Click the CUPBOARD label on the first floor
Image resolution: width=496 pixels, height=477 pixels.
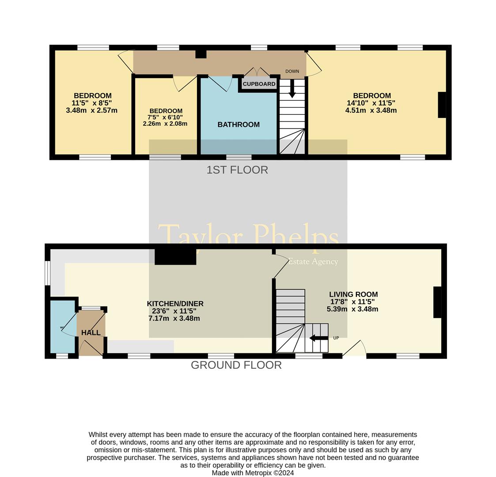coord(259,84)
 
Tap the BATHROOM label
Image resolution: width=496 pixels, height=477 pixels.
coord(239,125)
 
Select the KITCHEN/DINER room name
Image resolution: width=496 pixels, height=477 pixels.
coord(175,304)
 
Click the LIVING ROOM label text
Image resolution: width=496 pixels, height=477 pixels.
coord(353,295)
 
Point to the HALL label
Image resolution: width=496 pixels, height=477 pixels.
coord(91,333)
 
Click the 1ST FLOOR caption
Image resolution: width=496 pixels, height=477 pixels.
coord(237,170)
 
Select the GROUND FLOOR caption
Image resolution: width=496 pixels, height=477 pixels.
coord(236,365)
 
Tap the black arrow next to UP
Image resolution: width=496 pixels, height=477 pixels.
coord(318,338)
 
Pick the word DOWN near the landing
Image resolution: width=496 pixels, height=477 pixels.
coord(292,71)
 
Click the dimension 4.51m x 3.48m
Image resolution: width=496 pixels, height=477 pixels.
coord(371,110)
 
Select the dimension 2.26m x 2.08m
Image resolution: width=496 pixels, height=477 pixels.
coord(165,124)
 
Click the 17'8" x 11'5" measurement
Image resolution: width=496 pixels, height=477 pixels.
coord(352,302)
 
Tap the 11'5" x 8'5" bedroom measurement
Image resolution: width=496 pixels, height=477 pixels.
coord(92,103)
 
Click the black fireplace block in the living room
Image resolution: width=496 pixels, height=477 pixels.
coord(437,302)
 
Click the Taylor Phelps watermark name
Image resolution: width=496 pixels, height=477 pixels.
coord(248,236)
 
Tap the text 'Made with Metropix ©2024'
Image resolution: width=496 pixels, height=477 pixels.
coord(253,473)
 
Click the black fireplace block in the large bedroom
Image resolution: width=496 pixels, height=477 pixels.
coord(442,105)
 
